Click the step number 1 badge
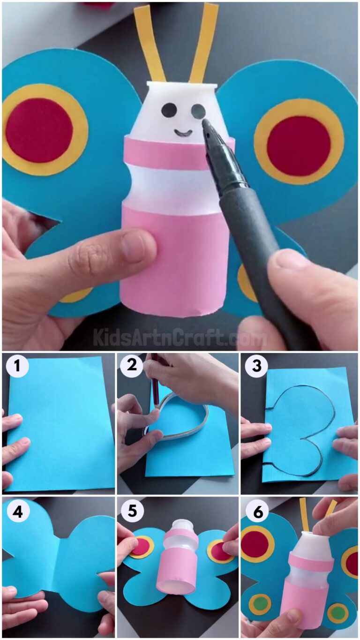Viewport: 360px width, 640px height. coord(17,366)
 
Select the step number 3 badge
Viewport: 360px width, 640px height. coord(256,366)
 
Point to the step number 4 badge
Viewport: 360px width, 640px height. coord(17,511)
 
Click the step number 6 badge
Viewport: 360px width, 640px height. coord(256,511)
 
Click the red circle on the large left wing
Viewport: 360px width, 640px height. coord(39,130)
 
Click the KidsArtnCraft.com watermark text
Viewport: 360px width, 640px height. coord(180,337)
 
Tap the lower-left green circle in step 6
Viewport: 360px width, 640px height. coord(260,604)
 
